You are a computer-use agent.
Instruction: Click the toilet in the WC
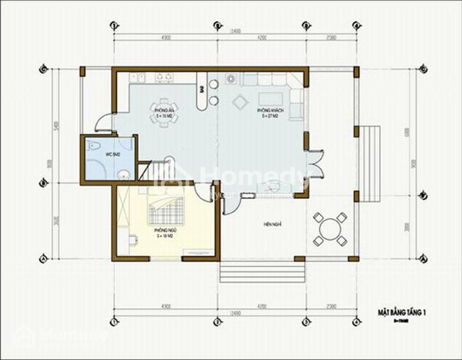point(94,146)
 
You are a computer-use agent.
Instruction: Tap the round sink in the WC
point(124,174)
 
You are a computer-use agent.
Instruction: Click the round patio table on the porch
point(329,229)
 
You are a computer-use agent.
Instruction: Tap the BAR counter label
point(202,90)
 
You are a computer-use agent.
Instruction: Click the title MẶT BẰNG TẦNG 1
point(401,312)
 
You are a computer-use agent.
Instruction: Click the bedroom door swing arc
point(203,192)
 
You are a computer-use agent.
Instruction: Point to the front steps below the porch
point(262,273)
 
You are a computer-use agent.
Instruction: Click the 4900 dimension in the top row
point(166,38)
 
